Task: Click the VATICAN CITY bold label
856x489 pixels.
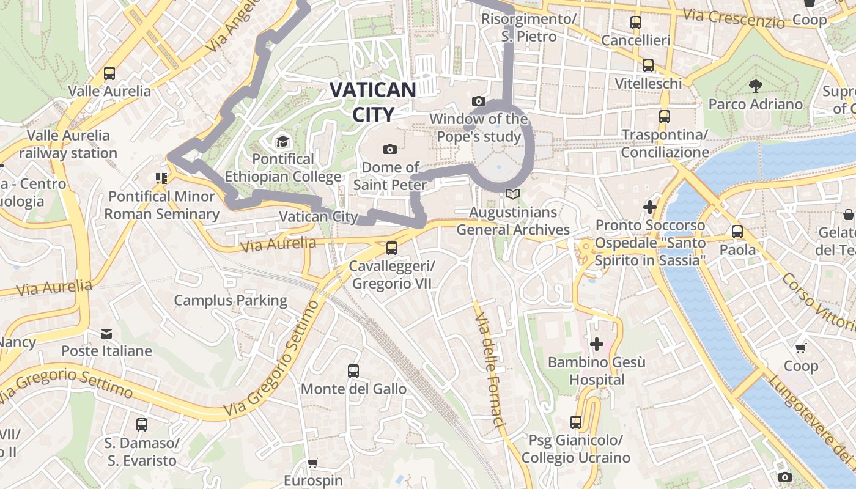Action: point(372,101)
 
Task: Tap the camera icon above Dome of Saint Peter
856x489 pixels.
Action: point(389,149)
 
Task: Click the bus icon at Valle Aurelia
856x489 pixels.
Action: point(109,73)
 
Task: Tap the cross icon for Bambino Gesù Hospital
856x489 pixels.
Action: point(596,344)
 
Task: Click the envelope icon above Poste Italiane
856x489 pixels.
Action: point(106,334)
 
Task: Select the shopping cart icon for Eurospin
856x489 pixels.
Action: point(313,463)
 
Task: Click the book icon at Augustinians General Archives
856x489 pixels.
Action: point(513,194)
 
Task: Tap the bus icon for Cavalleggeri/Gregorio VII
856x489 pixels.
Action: point(392,248)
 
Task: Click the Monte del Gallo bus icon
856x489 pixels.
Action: point(353,371)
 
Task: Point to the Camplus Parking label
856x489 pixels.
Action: point(231,300)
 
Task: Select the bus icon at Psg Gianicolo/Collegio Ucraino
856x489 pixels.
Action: point(575,422)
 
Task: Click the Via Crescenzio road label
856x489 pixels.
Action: point(734,18)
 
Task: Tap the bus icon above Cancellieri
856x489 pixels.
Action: point(636,23)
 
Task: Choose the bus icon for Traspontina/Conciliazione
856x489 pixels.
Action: point(665,116)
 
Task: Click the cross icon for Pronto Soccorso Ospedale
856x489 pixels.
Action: point(650,208)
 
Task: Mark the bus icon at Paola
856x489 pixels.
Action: point(737,232)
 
